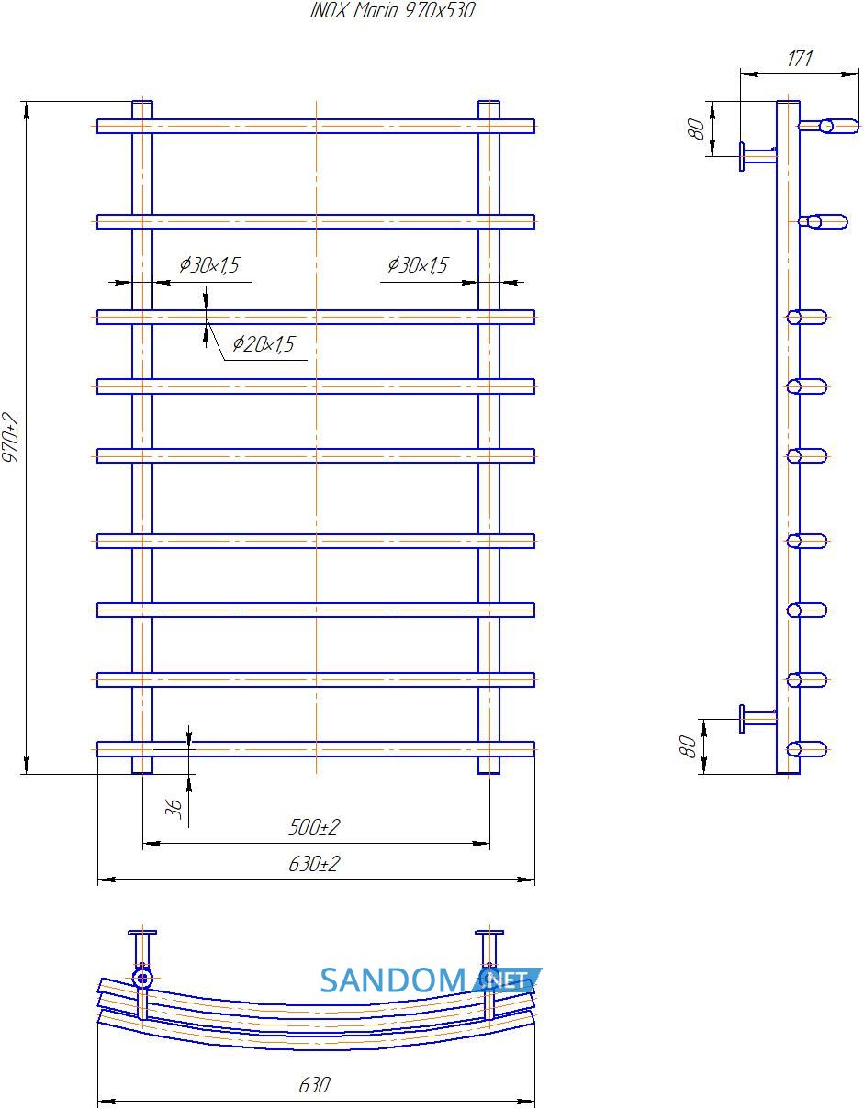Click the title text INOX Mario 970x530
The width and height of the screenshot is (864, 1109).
click(x=392, y=10)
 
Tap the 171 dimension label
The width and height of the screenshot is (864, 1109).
click(x=799, y=58)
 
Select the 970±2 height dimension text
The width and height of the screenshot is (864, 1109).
click(x=10, y=437)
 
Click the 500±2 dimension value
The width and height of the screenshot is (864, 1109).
click(x=313, y=827)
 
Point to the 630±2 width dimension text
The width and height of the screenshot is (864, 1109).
click(x=313, y=864)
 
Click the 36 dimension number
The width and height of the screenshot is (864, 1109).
click(x=174, y=809)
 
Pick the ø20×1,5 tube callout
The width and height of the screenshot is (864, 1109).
click(x=264, y=344)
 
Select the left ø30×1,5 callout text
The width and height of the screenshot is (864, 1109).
click(x=209, y=265)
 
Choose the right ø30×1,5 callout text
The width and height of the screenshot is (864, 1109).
click(x=418, y=265)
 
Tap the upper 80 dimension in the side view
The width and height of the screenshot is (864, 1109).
click(x=697, y=129)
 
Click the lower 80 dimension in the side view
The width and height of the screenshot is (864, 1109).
click(x=689, y=746)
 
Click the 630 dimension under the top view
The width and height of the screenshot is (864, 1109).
click(x=314, y=1085)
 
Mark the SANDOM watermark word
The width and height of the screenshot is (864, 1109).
click(x=393, y=980)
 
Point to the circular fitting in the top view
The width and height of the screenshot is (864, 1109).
click(x=142, y=979)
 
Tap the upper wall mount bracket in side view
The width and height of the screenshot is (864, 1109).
click(x=758, y=156)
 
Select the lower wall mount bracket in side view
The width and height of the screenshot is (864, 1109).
click(x=758, y=719)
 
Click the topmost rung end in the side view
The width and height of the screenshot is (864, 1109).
click(x=829, y=126)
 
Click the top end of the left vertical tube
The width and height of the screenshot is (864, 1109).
click(x=142, y=103)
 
